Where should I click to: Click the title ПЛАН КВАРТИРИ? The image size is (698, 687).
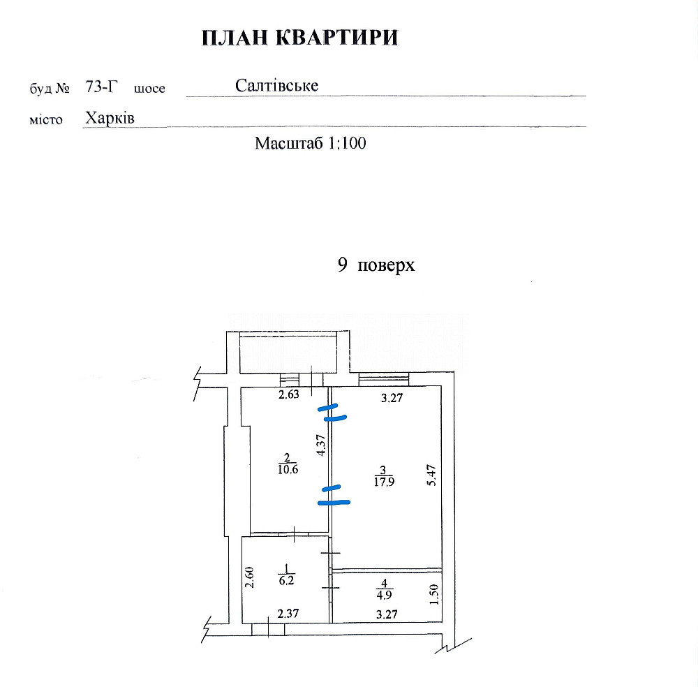(x=300, y=38)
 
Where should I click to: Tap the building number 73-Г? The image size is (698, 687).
(x=102, y=87)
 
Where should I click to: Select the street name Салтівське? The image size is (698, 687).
(x=277, y=86)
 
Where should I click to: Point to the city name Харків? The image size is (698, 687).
(x=110, y=118)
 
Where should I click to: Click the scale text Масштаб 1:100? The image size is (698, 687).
(x=311, y=144)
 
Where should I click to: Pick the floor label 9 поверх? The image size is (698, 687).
(x=376, y=265)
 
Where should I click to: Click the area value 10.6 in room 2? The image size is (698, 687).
(x=287, y=469)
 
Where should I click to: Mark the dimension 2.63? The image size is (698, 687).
(x=289, y=396)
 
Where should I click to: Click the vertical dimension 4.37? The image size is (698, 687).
(x=320, y=445)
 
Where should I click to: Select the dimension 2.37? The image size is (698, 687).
(x=288, y=614)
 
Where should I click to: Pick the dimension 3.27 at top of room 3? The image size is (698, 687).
(x=391, y=400)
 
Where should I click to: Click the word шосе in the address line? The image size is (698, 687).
(x=149, y=89)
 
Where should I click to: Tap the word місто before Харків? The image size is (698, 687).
(x=46, y=120)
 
